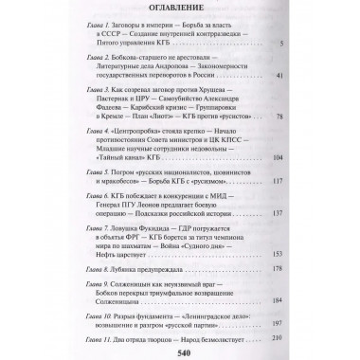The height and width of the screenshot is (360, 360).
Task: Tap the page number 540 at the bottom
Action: click(179, 350)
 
